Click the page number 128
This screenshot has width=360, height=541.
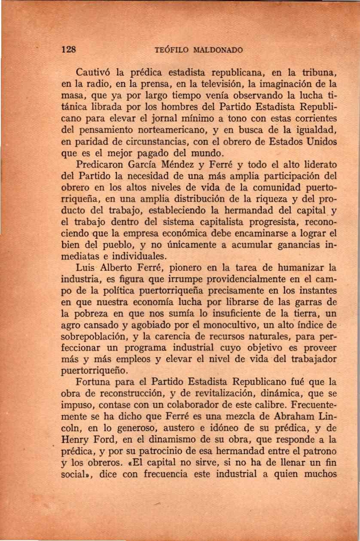tap(69, 49)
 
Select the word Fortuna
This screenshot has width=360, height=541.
tap(94, 382)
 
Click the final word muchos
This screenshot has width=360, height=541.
tap(318, 474)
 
